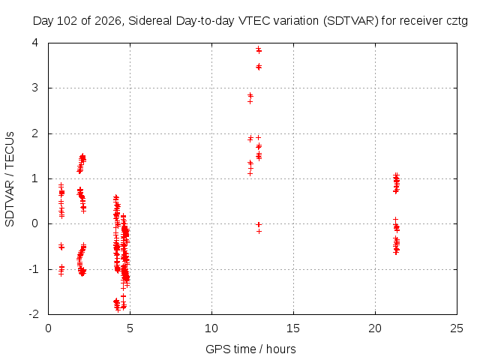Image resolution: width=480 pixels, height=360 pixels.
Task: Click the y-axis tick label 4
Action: pyautogui.click(x=35, y=42)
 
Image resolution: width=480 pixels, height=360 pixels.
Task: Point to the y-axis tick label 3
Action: pyautogui.click(x=35, y=88)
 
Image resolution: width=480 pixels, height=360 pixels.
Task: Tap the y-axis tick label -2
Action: pyautogui.click(x=34, y=313)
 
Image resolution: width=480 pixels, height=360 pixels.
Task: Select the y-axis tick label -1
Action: pyautogui.click(x=34, y=269)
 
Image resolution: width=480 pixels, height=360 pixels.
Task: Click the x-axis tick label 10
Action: pyautogui.click(x=211, y=328)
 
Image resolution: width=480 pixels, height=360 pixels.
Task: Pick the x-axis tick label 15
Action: pyautogui.click(x=293, y=328)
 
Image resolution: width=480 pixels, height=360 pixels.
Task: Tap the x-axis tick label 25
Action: pyautogui.click(x=457, y=328)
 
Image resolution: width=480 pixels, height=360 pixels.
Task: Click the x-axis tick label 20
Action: pyautogui.click(x=375, y=328)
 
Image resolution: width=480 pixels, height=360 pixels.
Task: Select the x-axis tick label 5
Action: pyautogui.click(x=130, y=328)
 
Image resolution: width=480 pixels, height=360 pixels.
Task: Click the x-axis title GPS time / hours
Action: pyautogui.click(x=250, y=349)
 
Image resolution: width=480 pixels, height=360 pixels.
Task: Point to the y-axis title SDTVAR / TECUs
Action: pyautogui.click(x=10, y=179)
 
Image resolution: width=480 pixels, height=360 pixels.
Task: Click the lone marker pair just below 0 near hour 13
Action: pyautogui.click(x=259, y=228)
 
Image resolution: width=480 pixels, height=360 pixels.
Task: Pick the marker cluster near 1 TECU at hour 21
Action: pyautogui.click(x=397, y=183)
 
